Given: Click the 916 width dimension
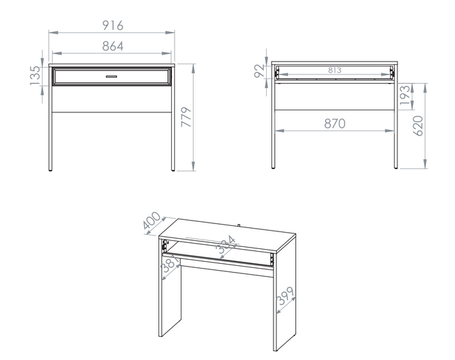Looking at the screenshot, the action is pyautogui.click(x=113, y=26).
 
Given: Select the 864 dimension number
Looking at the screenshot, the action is pyautogui.click(x=113, y=46).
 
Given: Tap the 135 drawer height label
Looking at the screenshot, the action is pyautogui.click(x=35, y=76).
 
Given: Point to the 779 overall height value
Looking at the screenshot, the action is pyautogui.click(x=186, y=117).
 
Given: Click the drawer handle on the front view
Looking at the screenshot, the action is pyautogui.click(x=112, y=76).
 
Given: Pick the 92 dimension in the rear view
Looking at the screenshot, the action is pyautogui.click(x=259, y=71).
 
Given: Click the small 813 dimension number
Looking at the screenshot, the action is pyautogui.click(x=335, y=70).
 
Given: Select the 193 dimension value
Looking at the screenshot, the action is pyautogui.click(x=405, y=95).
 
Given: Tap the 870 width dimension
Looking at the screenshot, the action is pyautogui.click(x=335, y=124).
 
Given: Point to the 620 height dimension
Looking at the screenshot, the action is pyautogui.click(x=418, y=126).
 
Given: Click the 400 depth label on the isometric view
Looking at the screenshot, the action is pyautogui.click(x=152, y=220).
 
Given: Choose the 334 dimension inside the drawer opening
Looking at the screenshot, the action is pyautogui.click(x=226, y=244).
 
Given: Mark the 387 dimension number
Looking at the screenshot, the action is pyautogui.click(x=171, y=265).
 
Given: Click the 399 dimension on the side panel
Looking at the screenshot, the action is pyautogui.click(x=286, y=296).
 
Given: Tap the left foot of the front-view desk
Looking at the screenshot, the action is pyautogui.click(x=51, y=170).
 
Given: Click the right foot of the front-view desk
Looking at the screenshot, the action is pyautogui.click(x=173, y=170).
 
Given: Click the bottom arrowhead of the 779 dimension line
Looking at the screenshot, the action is pyautogui.click(x=193, y=166).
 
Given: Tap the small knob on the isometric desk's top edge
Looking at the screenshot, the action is pyautogui.click(x=238, y=225).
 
